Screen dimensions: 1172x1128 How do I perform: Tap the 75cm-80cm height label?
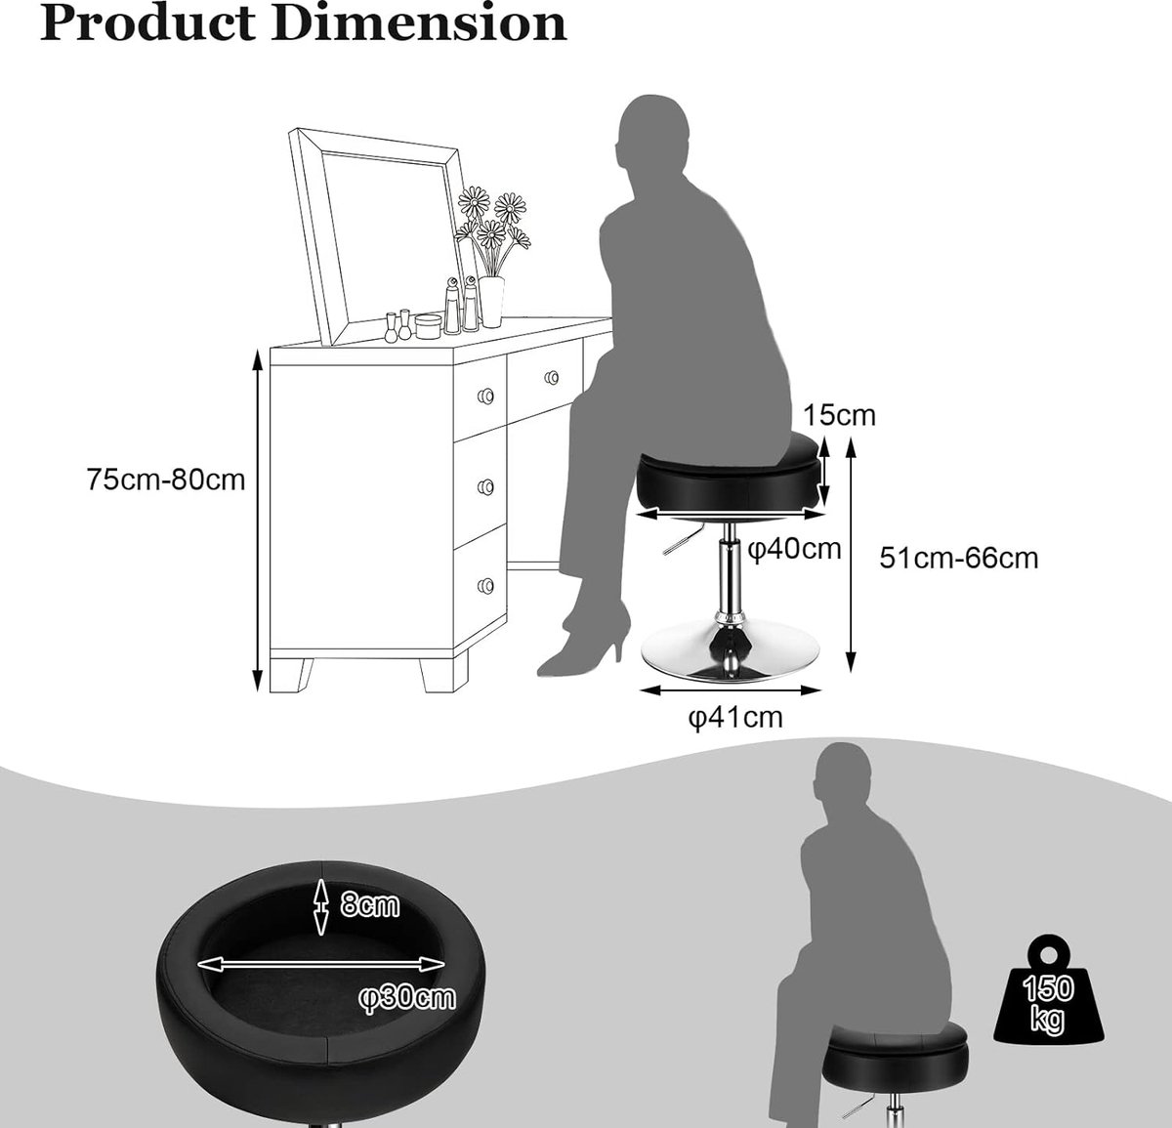pyautogui.click(x=166, y=480)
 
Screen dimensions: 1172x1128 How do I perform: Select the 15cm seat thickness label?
pyautogui.click(x=840, y=415)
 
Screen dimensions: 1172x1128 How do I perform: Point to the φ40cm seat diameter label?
pyautogui.click(x=794, y=549)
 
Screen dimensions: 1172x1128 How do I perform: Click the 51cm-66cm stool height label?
pyautogui.click(x=959, y=558)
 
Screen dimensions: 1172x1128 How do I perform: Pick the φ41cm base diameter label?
pyautogui.click(x=736, y=718)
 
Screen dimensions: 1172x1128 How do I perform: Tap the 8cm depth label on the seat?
pyautogui.click(x=369, y=904)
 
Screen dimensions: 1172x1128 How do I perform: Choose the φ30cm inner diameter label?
pyautogui.click(x=406, y=998)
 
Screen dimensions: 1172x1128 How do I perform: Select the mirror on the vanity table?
pyautogui.click(x=378, y=236)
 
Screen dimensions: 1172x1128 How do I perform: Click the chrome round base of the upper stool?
pyautogui.click(x=730, y=652)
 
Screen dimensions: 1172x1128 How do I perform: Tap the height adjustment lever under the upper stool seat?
pyautogui.click(x=685, y=540)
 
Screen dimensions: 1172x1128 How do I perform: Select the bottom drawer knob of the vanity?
pyautogui.click(x=485, y=585)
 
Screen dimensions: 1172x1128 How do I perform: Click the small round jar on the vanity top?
pyautogui.click(x=428, y=326)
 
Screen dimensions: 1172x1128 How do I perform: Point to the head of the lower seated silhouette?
pyautogui.click(x=843, y=781)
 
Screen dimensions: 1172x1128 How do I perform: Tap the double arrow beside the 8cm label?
pyautogui.click(x=321, y=906)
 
